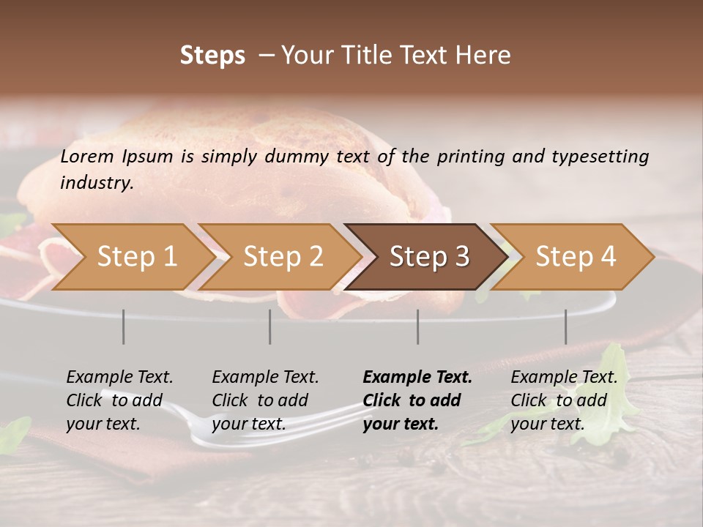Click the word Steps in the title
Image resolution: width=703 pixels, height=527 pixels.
pos(212,56)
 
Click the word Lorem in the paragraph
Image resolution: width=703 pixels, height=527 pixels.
pos(87,156)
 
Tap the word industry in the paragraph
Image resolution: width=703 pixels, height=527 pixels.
pos(96,182)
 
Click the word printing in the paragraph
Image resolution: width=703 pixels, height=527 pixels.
pos(469,156)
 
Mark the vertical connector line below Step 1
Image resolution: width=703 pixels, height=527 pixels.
pos(124,326)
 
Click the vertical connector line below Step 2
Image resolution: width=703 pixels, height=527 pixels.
pos(270,326)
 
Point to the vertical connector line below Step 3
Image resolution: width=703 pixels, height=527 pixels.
pos(417,326)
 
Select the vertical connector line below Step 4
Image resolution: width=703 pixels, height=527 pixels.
pos(565,326)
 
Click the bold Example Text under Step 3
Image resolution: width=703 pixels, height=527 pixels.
pos(417,378)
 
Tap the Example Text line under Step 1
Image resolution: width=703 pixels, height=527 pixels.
pos(119,378)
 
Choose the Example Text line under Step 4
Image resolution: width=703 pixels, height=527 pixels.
pos(564,378)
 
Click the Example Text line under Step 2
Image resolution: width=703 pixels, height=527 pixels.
pos(265,378)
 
